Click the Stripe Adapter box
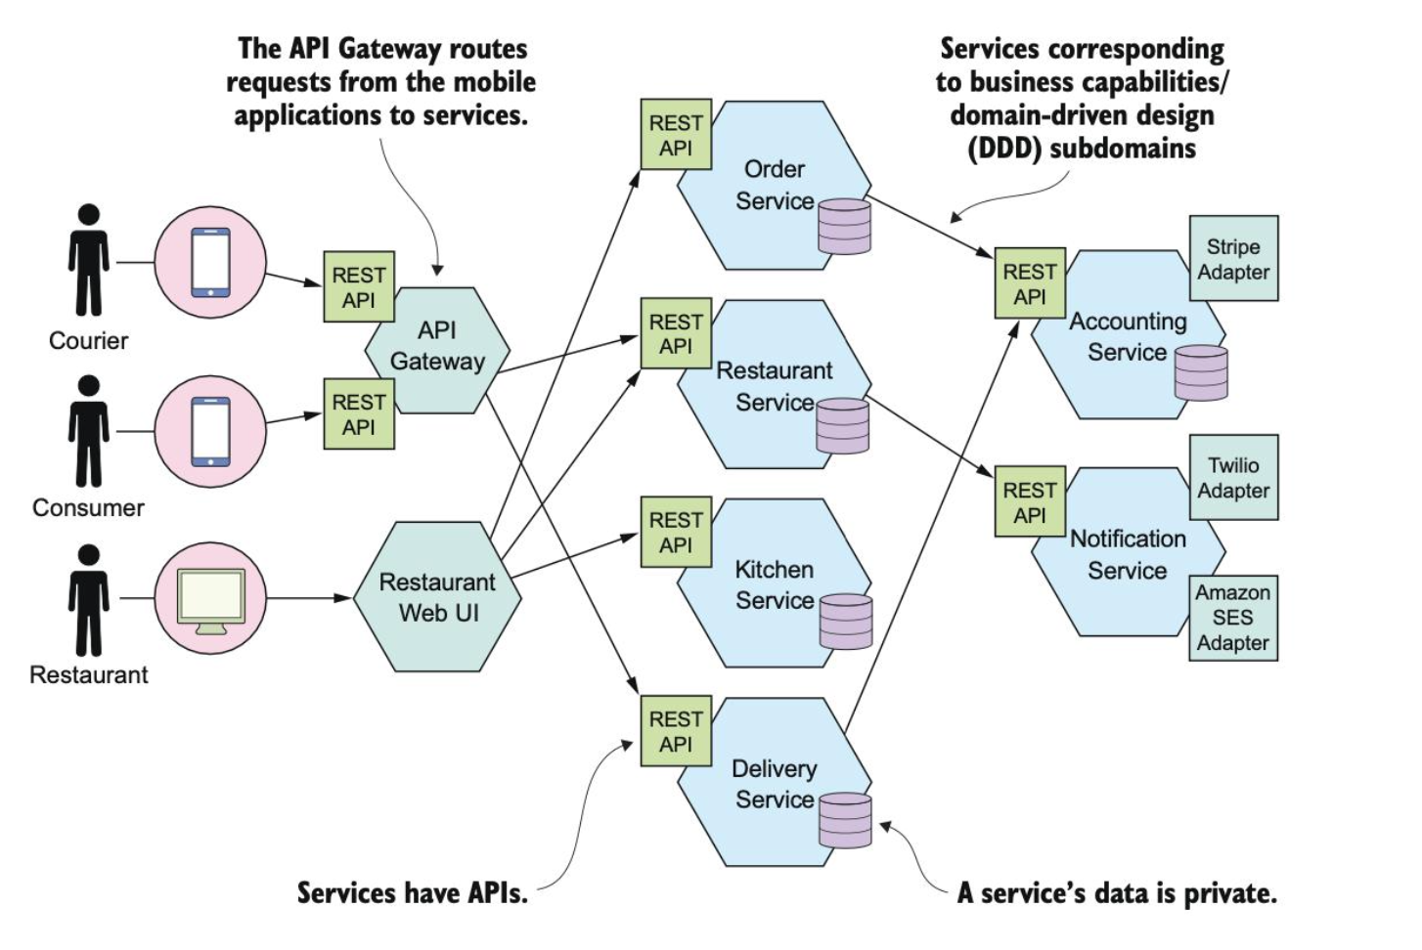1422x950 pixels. pos(1232,259)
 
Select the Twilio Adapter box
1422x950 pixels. pos(1232,477)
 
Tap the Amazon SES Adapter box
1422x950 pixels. pos(1232,618)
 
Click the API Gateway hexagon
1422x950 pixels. pos(437,347)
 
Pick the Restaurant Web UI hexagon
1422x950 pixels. pos(437,597)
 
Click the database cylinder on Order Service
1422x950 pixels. pos(844,227)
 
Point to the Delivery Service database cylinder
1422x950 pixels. pos(845,820)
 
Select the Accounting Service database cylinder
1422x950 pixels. pos(1200,372)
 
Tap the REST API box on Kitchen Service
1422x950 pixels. pos(676,533)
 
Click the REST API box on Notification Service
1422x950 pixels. pos(1030,502)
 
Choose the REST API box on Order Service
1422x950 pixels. pos(676,135)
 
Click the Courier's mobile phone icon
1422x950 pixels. pos(210,262)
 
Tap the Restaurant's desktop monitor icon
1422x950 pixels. pos(210,599)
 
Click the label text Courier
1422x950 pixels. pos(88,341)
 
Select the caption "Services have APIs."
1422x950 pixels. pos(412,892)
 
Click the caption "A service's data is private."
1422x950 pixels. pos(1116,892)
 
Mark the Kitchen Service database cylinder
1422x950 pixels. pos(845,622)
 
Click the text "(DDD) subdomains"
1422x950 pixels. pos(1082,149)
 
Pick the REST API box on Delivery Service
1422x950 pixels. pos(676,731)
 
